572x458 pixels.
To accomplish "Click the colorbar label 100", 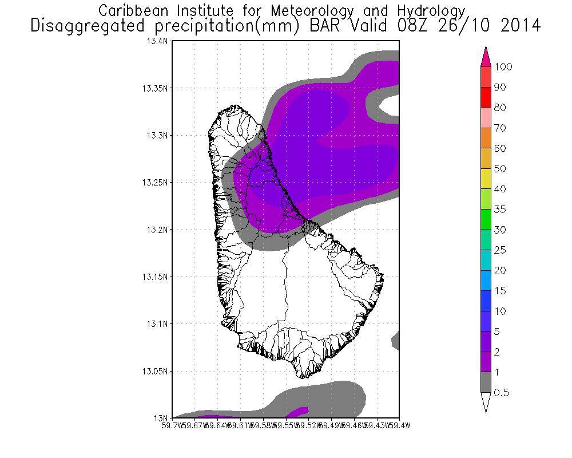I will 504,67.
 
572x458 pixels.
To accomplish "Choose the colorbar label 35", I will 500,210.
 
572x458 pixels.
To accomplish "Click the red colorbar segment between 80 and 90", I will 486,97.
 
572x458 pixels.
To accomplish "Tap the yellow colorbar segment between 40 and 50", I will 486,179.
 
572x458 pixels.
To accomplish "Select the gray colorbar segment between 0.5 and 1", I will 486,382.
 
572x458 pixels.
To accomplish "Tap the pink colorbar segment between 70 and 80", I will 486,118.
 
